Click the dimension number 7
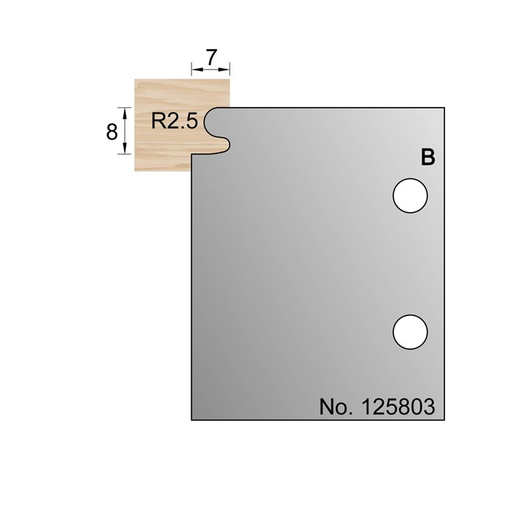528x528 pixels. pyautogui.click(x=211, y=56)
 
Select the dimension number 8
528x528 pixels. pyautogui.click(x=112, y=132)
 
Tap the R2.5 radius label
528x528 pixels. pyautogui.click(x=175, y=122)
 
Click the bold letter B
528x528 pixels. pyautogui.click(x=428, y=158)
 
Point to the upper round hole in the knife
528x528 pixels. pyautogui.click(x=410, y=196)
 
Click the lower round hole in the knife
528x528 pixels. pyautogui.click(x=410, y=331)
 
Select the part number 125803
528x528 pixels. pyautogui.click(x=397, y=406)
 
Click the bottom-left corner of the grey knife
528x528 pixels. pyautogui.click(x=192, y=419)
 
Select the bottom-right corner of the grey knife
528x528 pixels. pyautogui.click(x=444, y=419)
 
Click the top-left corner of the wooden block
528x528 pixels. pyautogui.click(x=134, y=79)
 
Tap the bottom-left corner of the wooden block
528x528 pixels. pyautogui.click(x=134, y=171)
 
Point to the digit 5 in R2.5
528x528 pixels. pyautogui.click(x=192, y=122)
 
